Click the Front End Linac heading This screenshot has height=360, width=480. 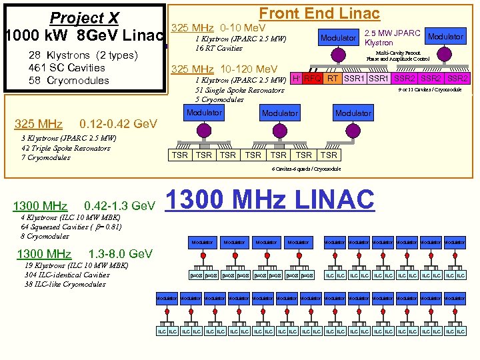[x=319, y=13]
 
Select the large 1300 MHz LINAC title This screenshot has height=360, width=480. [x=269, y=201]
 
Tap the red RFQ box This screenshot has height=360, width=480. [x=312, y=79]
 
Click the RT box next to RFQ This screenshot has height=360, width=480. [x=332, y=79]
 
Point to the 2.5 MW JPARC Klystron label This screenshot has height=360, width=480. [x=392, y=38]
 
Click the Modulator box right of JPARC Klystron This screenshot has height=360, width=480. [x=445, y=37]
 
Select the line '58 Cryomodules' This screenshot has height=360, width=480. [x=69, y=81]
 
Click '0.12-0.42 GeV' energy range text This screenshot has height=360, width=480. [x=118, y=125]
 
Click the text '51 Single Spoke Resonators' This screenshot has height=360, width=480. [x=239, y=90]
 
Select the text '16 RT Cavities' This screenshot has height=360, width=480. [x=219, y=49]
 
